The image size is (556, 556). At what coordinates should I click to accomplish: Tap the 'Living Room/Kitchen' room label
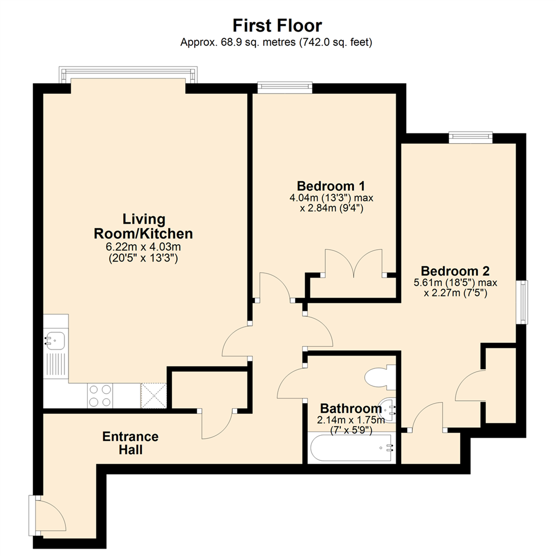click(x=143, y=226)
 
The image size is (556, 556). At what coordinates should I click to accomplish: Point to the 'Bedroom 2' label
click(x=455, y=271)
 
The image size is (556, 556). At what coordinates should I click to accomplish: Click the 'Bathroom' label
click(x=350, y=409)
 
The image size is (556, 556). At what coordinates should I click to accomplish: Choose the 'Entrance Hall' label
click(x=130, y=443)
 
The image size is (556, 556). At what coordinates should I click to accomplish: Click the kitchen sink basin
click(x=55, y=340)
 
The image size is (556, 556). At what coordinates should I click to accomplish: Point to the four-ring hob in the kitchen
click(x=100, y=396)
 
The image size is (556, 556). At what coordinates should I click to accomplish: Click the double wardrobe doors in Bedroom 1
click(x=354, y=263)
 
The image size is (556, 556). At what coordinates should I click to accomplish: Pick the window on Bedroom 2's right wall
click(x=523, y=302)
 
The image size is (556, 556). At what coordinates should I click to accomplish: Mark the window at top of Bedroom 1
click(x=285, y=87)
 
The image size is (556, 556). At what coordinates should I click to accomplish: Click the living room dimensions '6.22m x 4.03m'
click(x=143, y=248)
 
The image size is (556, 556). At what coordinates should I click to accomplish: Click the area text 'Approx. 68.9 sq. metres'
click(x=238, y=43)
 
